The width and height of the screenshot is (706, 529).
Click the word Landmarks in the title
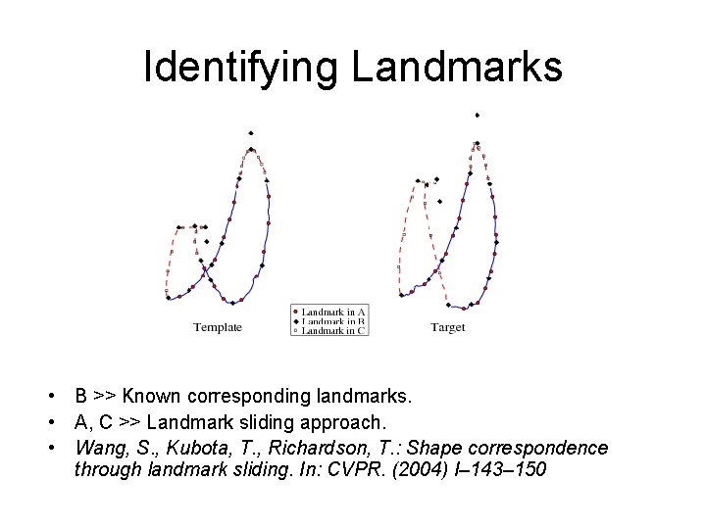(457, 68)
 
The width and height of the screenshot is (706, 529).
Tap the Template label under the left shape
(217, 327)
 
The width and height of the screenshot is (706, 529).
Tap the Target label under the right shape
(447, 327)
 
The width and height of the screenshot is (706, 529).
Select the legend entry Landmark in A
(333, 312)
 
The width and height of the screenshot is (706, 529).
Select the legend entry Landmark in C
(333, 331)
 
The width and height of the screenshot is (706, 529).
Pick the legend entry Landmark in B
(333, 321)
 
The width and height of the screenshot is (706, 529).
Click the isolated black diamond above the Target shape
(477, 116)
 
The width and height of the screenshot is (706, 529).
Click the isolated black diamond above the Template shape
(251, 133)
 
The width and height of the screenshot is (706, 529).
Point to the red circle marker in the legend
(295, 312)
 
